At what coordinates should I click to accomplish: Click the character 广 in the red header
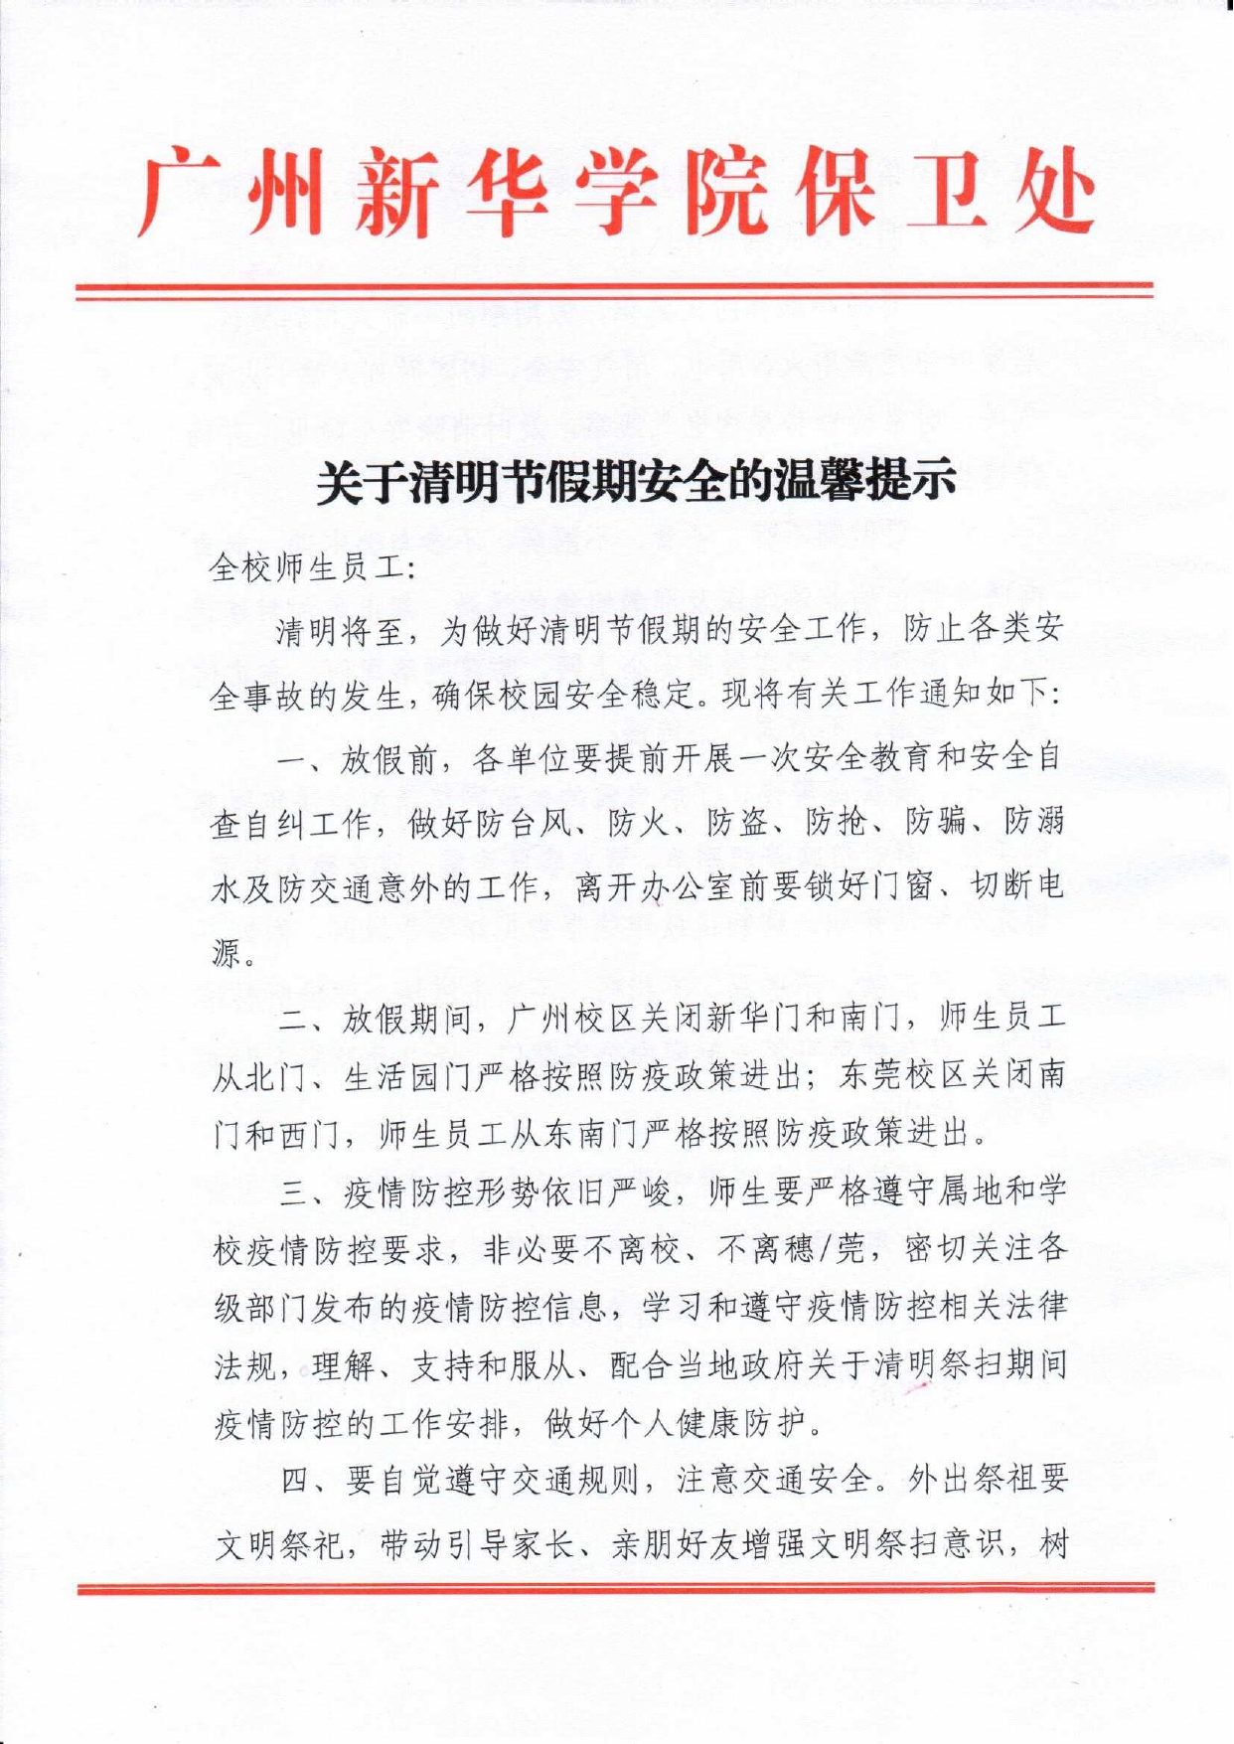tap(180, 192)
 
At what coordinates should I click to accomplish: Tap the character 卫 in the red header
tap(940, 192)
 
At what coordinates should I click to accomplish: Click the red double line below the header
tap(615, 290)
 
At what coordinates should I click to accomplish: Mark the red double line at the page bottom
tap(615, 1588)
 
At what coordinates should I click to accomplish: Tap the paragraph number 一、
tap(299, 762)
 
